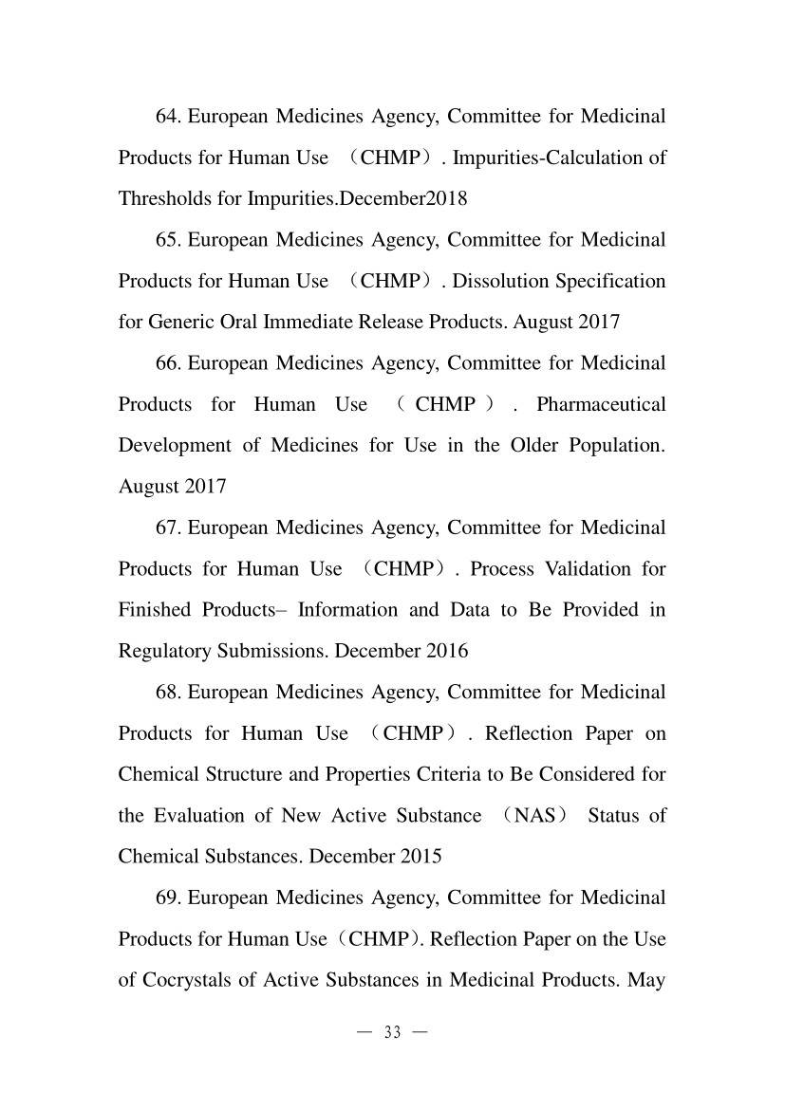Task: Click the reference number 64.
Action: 167,117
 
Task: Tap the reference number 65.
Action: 167,240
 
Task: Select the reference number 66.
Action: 167,363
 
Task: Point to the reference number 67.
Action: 167,527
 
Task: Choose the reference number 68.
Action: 167,693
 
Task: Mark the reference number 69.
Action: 167,897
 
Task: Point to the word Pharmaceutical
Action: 601,404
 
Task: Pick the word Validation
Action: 568,569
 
